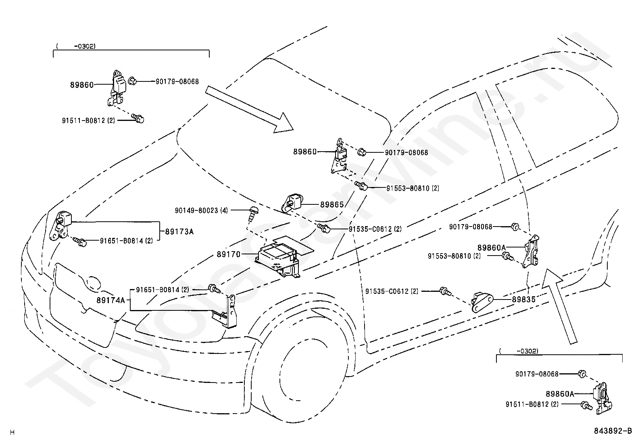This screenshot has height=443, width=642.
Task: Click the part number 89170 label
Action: [x=228, y=254]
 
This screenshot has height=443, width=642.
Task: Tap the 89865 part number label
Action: [x=332, y=205]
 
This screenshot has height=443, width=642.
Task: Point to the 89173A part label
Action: [x=179, y=231]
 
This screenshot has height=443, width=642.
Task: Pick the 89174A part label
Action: [x=110, y=300]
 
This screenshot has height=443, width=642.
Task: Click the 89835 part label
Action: [x=523, y=299]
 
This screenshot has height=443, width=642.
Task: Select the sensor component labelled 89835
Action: [x=482, y=302]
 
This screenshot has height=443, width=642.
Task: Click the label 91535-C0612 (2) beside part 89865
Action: [x=375, y=229]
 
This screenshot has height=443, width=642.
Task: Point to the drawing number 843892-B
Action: [x=613, y=431]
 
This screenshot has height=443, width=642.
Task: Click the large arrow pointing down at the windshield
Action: [x=249, y=110]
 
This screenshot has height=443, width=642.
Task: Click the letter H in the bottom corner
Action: [x=12, y=433]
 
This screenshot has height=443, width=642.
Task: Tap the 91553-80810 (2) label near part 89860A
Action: [x=454, y=256]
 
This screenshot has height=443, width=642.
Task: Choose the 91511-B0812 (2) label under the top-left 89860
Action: [x=88, y=121]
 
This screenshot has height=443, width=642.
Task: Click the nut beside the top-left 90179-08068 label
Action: [x=132, y=81]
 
